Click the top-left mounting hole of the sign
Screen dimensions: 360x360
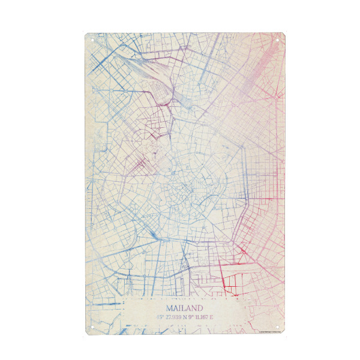tap(91, 40)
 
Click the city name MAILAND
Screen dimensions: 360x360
tap(184, 308)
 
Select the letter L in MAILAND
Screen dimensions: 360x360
tap(182, 308)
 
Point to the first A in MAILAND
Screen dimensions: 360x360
tap(174, 308)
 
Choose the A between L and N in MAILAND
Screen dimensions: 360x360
tap(188, 308)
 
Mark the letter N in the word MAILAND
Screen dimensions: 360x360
tap(194, 308)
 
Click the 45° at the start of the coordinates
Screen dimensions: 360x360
tap(160, 317)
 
